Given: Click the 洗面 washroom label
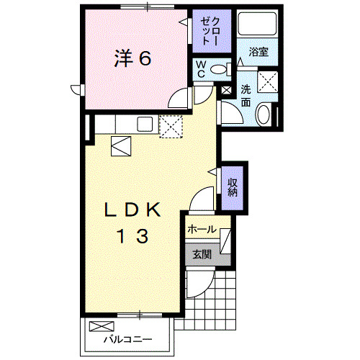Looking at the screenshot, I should point(246,96).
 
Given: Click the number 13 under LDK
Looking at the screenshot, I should point(132,236).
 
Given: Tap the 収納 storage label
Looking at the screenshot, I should point(233,187).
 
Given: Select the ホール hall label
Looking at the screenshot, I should point(202,229).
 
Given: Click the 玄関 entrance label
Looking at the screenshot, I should point(202,253).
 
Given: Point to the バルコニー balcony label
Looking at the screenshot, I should point(127,338).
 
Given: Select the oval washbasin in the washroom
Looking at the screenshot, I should point(264,113).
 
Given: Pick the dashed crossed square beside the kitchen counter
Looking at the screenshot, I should point(171,126).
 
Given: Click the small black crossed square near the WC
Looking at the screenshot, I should point(227,91).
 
